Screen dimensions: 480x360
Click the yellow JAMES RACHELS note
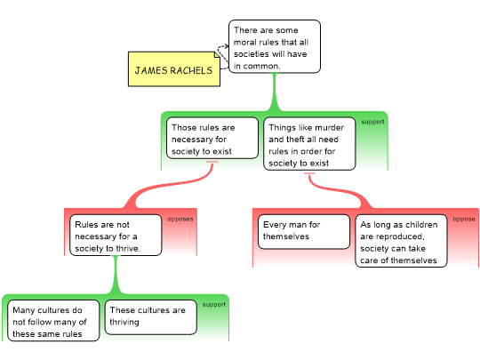[174, 69]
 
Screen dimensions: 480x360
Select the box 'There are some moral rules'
[275, 46]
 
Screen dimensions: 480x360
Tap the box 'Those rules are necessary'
[212, 138]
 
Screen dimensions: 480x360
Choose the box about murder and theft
[309, 144]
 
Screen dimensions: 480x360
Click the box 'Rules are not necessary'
[116, 235]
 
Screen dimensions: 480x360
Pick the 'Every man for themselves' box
[304, 232]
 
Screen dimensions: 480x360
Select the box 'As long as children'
[401, 241]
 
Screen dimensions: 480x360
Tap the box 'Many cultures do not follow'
[53, 321]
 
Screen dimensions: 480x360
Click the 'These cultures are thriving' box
[150, 317]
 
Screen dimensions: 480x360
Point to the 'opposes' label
[180, 220]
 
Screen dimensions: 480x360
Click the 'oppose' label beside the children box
[464, 220]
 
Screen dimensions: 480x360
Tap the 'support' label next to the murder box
[372, 122]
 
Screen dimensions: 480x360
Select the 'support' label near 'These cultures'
[213, 305]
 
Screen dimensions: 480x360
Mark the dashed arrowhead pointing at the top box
[226, 46]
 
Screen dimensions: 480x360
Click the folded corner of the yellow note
[217, 54]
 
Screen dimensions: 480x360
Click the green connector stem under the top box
[275, 92]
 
